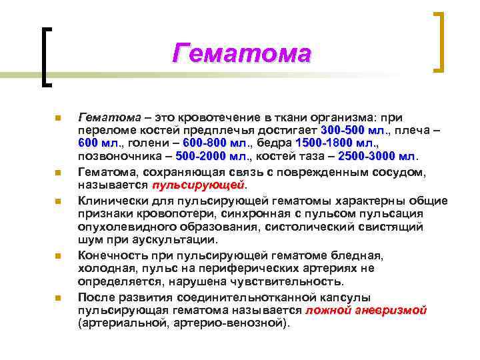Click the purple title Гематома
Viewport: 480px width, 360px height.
(241, 53)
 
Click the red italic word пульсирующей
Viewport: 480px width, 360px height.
(199, 184)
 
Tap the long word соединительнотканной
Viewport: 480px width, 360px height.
(252, 297)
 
